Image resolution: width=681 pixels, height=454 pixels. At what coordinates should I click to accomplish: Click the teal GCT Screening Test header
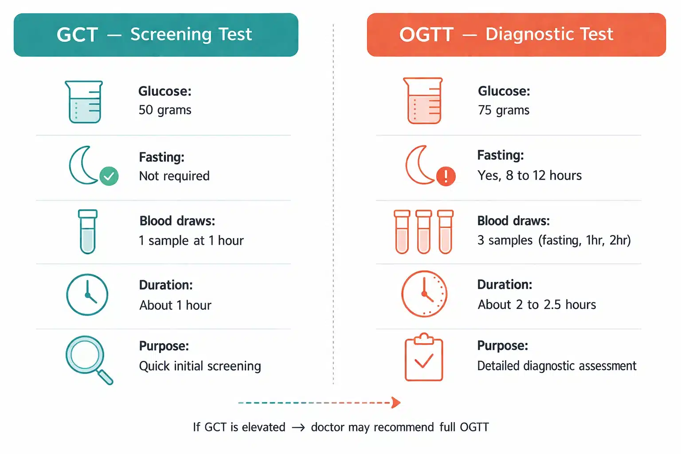click(156, 35)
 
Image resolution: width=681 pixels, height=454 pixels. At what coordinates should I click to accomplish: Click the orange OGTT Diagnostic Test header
click(516, 35)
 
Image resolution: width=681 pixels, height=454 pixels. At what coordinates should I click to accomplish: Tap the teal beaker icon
click(84, 102)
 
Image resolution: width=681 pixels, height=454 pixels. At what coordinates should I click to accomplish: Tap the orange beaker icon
click(423, 101)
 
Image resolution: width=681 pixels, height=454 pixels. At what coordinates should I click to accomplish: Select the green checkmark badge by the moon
click(109, 176)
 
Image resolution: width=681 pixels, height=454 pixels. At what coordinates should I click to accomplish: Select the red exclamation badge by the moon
click(446, 176)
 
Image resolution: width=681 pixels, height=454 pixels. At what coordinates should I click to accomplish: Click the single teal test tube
click(88, 231)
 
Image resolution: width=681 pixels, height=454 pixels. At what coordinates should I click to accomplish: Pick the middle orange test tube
click(423, 231)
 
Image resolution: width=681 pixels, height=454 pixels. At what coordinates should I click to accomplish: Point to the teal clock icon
click(87, 295)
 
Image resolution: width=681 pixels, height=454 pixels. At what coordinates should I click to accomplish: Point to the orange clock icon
click(424, 294)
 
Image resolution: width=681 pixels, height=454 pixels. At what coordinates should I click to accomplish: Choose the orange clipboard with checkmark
click(424, 358)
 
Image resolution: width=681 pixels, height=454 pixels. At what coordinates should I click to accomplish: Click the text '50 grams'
click(165, 110)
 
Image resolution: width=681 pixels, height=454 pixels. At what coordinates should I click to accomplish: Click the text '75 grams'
click(504, 110)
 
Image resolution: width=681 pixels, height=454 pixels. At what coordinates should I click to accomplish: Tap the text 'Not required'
click(174, 176)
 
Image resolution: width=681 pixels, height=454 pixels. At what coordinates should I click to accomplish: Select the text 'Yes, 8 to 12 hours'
click(529, 176)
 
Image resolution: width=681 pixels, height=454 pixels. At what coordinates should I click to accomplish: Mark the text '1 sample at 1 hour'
click(191, 240)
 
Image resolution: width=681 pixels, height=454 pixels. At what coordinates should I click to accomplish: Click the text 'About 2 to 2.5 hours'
click(536, 305)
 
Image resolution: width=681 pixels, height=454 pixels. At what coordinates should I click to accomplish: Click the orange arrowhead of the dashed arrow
click(396, 403)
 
